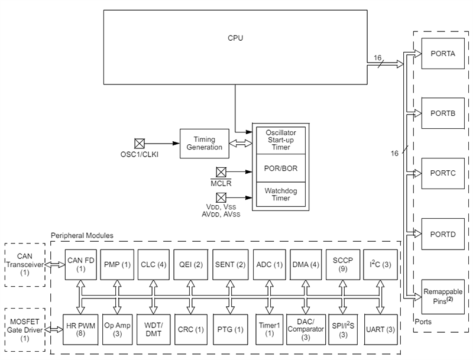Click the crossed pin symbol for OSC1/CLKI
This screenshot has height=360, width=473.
[x=140, y=143]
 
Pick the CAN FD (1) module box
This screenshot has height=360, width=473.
[x=81, y=264]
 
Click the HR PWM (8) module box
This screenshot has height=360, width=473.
[x=81, y=329]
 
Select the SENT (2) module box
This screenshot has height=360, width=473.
[x=229, y=264]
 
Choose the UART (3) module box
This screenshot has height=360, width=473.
[x=379, y=329]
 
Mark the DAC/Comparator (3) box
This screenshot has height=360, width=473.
[x=306, y=329]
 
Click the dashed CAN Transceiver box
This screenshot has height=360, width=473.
[x=25, y=264]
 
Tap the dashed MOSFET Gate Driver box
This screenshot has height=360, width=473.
[x=25, y=329]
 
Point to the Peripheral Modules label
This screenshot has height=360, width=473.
[x=82, y=235]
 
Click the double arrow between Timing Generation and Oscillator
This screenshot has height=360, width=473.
[x=240, y=143]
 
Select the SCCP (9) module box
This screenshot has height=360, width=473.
[x=342, y=264]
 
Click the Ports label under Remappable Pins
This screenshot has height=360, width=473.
[x=423, y=322]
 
